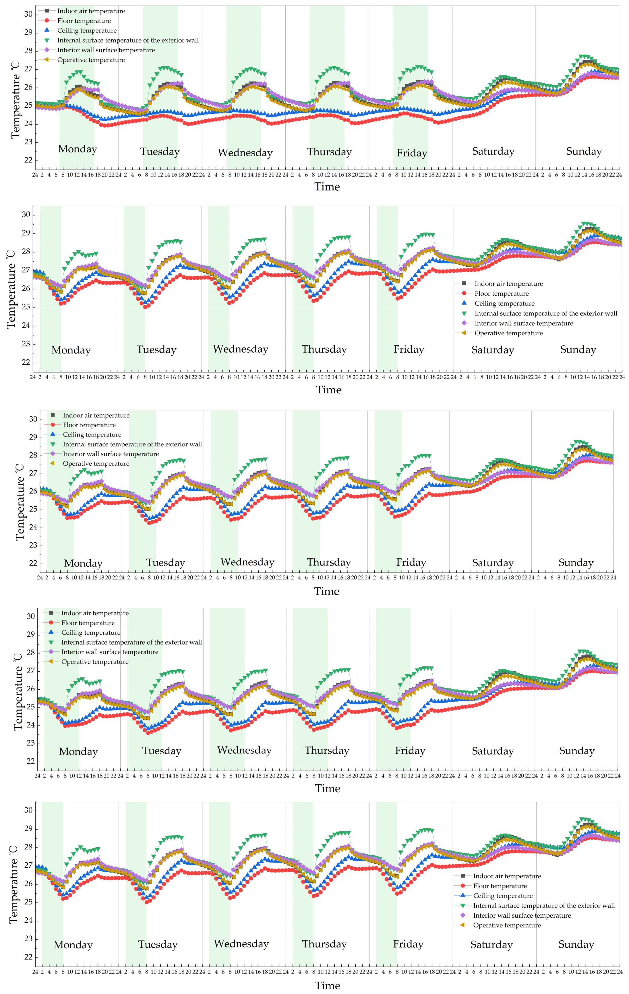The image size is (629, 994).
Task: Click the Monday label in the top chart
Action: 78,149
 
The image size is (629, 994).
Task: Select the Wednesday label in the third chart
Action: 247,562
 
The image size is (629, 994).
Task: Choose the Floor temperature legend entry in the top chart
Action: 84,21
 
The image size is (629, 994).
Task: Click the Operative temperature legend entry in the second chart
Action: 508,333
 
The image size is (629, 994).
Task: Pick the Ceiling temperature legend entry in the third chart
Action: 92,435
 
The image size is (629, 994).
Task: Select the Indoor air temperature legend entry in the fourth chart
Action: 95,613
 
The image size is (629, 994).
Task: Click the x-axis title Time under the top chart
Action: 327,187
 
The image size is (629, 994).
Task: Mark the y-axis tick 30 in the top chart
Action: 28,14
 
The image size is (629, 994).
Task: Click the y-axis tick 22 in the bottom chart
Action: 28,957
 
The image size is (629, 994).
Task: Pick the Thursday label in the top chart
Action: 329,152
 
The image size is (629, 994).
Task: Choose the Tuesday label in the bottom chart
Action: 158,944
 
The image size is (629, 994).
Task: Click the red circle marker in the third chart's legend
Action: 53,424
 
